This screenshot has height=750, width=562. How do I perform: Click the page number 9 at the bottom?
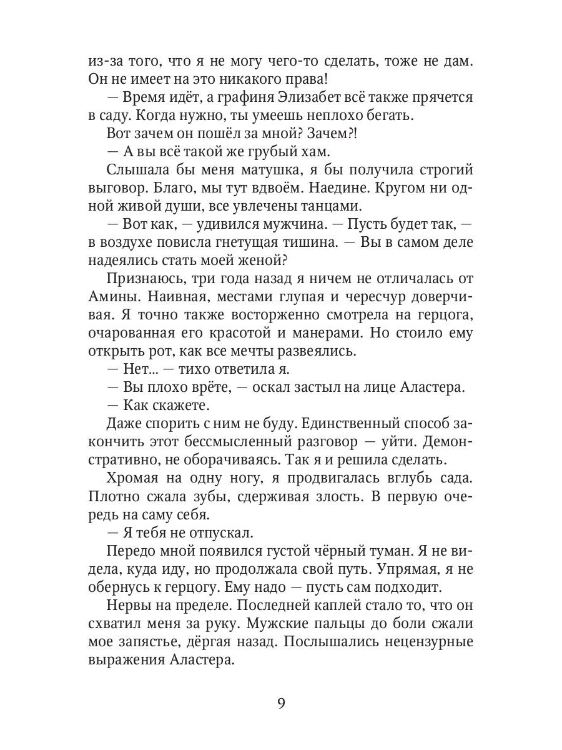pos(281,704)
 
